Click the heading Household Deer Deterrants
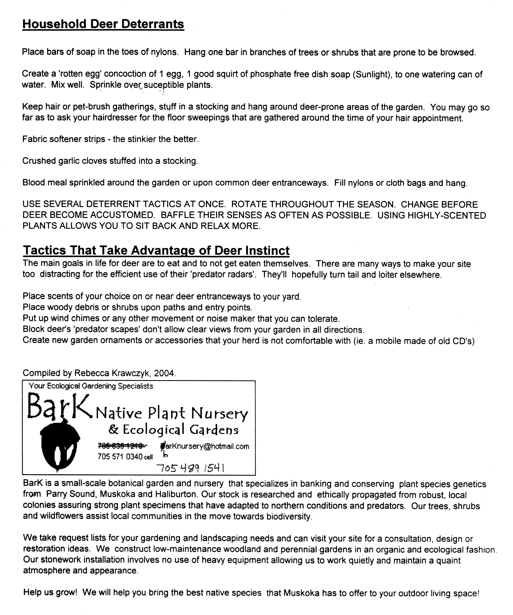103,24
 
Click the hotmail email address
205,446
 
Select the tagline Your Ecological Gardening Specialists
91,386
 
